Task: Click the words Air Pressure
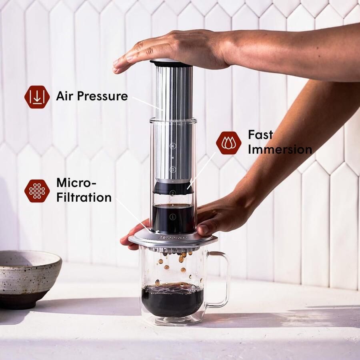coord(92,96)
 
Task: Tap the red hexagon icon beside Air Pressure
coord(37,97)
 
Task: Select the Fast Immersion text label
coord(279,142)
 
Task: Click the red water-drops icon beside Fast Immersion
coord(228,143)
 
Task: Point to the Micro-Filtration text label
coord(84,190)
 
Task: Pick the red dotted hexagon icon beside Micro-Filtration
coord(37,190)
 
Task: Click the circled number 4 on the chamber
coord(173,146)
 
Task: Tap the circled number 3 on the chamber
coord(173,169)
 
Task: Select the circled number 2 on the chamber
coord(173,193)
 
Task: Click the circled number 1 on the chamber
coord(173,217)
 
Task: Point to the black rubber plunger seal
coord(173,187)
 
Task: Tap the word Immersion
coord(280,149)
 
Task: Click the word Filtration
coord(84,197)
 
